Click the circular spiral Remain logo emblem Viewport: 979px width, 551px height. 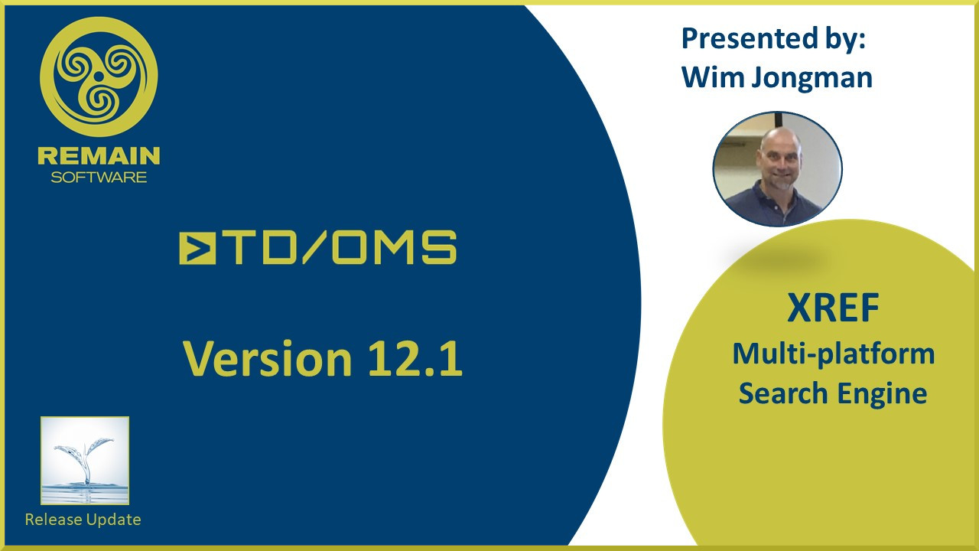99,77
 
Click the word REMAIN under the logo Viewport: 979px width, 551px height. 99,156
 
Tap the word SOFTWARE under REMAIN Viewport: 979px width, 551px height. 99,177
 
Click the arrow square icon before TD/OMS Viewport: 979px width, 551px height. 197,248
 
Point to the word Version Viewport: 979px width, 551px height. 268,359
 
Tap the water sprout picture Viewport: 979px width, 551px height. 85,461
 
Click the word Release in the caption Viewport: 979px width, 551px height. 54,520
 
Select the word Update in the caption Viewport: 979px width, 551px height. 113,520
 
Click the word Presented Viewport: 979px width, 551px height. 750,38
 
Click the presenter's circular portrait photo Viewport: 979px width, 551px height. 778,169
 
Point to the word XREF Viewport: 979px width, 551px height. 833,308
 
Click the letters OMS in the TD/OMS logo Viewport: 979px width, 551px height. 395,248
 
